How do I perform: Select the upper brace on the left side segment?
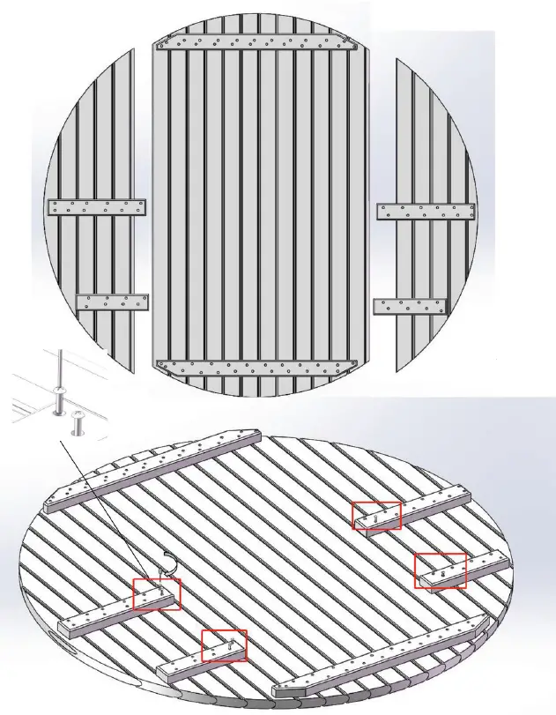click(96, 208)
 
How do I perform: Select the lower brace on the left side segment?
click(112, 302)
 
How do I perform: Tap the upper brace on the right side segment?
click(426, 212)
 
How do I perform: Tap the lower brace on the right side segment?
click(410, 307)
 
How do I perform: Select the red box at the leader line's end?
click(156, 594)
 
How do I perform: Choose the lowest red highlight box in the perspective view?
click(224, 646)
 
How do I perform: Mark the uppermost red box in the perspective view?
click(376, 516)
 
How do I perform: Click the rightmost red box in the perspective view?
click(440, 570)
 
